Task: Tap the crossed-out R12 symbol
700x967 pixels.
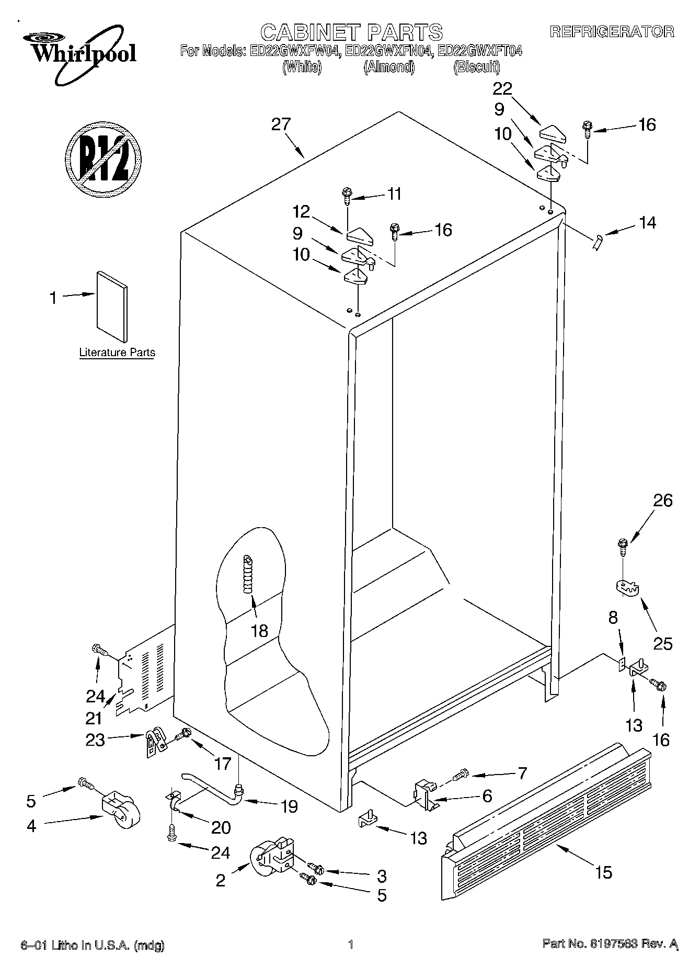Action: pyautogui.click(x=104, y=158)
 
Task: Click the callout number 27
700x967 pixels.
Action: pyautogui.click(x=281, y=124)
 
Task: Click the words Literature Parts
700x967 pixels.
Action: pyautogui.click(x=117, y=352)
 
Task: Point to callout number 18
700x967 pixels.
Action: pyautogui.click(x=259, y=631)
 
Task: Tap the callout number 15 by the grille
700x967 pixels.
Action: pyautogui.click(x=603, y=872)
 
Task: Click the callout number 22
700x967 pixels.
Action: pyautogui.click(x=502, y=88)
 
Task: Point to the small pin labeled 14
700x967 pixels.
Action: pyautogui.click(x=598, y=242)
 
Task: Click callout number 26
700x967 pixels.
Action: pyautogui.click(x=663, y=500)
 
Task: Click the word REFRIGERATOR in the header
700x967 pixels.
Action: pyautogui.click(x=612, y=32)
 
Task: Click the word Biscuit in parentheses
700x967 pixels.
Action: pyautogui.click(x=476, y=67)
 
